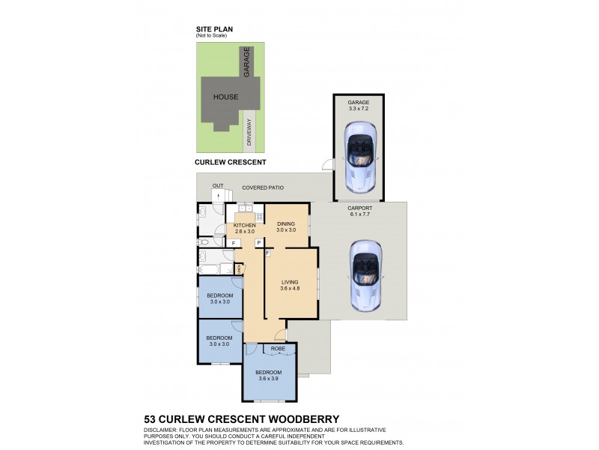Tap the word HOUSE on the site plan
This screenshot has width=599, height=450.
pyautogui.click(x=225, y=97)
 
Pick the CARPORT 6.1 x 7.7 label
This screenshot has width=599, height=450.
pyautogui.click(x=360, y=211)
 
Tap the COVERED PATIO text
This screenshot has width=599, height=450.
pyautogui.click(x=262, y=188)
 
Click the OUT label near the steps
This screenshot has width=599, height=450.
pyautogui.click(x=218, y=185)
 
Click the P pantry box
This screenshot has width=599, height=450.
pyautogui.click(x=258, y=243)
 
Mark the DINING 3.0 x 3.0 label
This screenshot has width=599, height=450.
pyautogui.click(x=286, y=226)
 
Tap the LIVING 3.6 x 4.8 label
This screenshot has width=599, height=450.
pyautogui.click(x=289, y=285)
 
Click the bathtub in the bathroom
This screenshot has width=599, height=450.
pyautogui.click(x=209, y=269)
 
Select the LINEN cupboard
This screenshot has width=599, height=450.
pyautogui.click(x=239, y=268)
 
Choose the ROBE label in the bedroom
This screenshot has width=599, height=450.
pyautogui.click(x=279, y=349)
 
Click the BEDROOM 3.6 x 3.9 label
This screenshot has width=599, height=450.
pyautogui.click(x=269, y=375)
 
